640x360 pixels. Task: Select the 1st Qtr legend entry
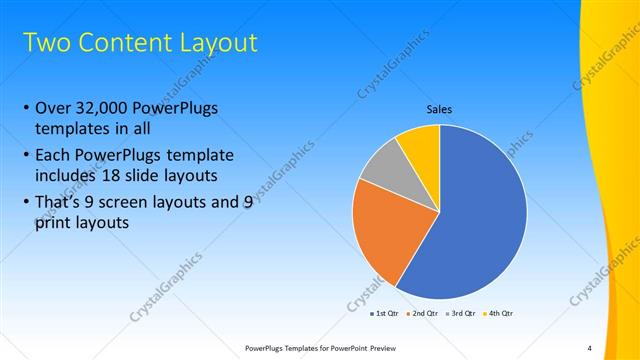coord(384,313)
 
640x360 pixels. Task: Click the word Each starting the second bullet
coord(54,156)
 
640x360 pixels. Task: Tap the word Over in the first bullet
coord(54,109)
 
